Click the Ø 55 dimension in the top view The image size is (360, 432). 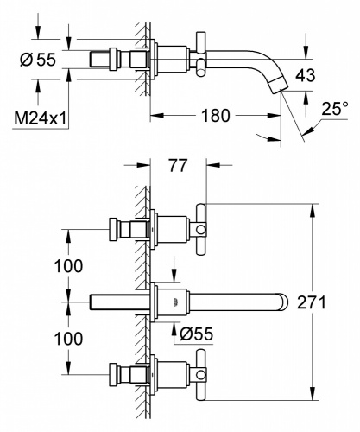pos(38,60)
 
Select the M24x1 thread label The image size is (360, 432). pos(41,118)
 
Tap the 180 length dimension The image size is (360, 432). pos(216,116)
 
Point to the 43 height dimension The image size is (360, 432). pos(306,75)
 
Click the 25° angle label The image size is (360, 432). pos(335,109)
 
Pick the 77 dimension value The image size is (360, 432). pos(178,166)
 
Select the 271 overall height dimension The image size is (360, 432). pos(312,302)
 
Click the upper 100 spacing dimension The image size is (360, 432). pos(68,266)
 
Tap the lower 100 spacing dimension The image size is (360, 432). pos(68,339)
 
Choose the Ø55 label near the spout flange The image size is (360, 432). pos(197,334)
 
